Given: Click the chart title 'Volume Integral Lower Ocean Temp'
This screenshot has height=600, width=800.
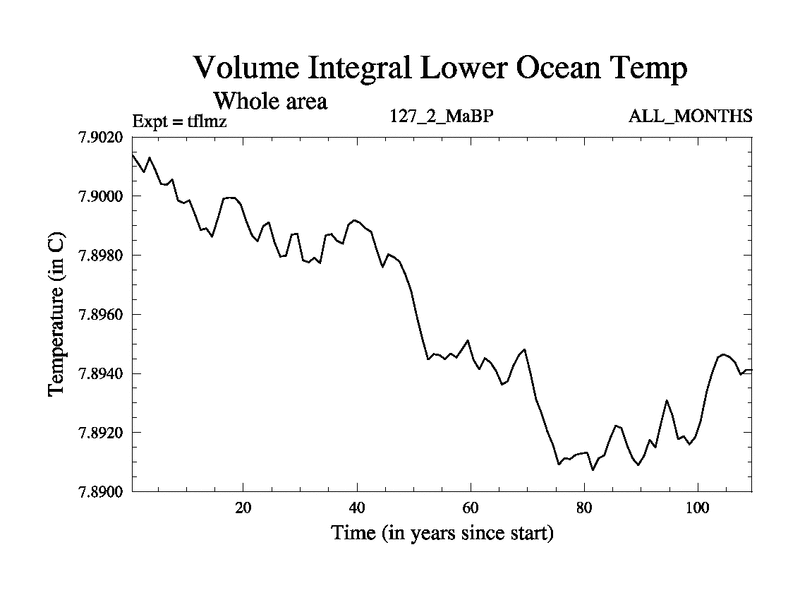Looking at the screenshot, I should tap(440, 69).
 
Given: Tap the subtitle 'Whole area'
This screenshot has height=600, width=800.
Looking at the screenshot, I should tap(270, 101).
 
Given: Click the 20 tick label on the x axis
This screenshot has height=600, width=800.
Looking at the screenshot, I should tap(243, 507).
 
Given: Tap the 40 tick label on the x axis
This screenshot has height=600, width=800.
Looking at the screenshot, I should tap(357, 507).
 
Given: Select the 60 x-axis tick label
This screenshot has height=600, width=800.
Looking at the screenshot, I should tap(470, 507).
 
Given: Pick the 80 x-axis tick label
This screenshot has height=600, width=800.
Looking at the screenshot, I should tap(583, 507).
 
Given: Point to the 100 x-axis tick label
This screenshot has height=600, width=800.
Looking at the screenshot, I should tap(697, 507).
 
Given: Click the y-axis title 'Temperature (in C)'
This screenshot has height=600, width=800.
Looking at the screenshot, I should tap(57, 314).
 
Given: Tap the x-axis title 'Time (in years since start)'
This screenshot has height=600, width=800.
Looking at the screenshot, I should tap(442, 533).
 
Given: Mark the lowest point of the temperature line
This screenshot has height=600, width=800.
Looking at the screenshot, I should tap(593, 469).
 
